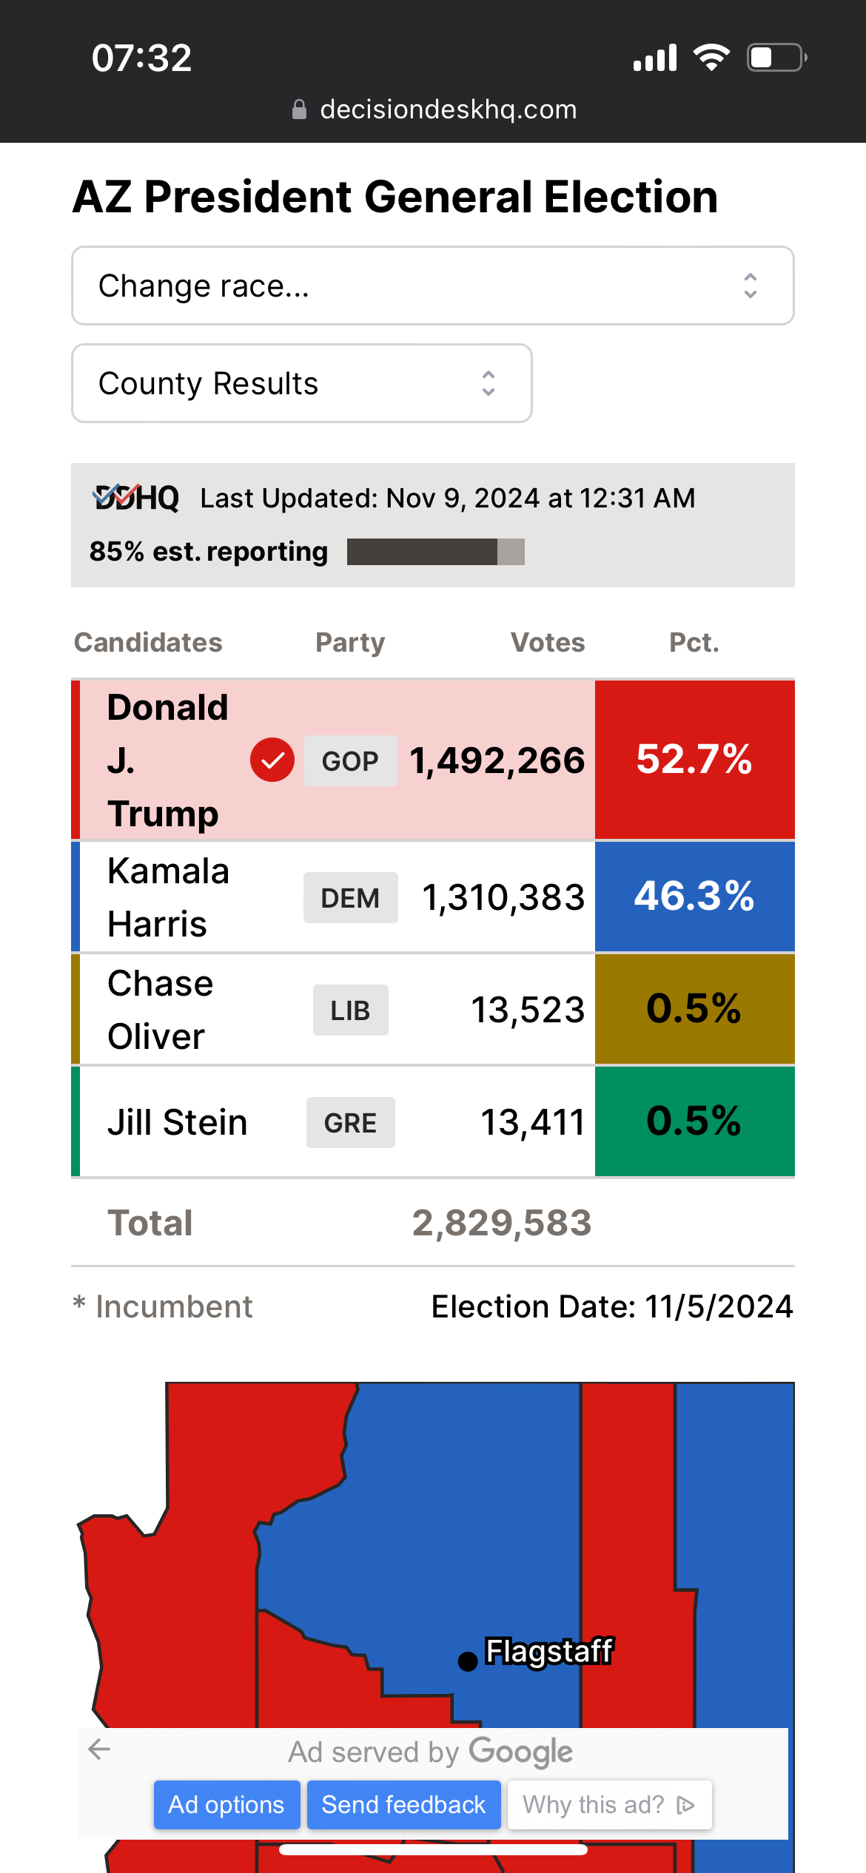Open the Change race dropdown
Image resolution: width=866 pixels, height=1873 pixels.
point(432,286)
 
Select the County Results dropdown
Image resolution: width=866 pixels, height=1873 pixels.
point(301,383)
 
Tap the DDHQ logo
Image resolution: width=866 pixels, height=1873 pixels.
point(136,498)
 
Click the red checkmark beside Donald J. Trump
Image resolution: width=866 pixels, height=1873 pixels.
point(272,760)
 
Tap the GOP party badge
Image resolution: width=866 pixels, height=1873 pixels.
point(350,760)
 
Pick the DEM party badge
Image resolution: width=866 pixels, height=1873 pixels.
point(350,897)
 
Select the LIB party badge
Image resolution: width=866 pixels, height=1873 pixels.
point(350,1010)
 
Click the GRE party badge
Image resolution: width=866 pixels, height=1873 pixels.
point(350,1122)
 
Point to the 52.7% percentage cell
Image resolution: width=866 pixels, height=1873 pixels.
point(694,760)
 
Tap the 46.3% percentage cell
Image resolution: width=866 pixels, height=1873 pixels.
point(694,897)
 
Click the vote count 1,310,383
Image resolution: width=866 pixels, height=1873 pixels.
point(503,897)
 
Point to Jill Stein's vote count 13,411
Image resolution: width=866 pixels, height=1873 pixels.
point(533,1122)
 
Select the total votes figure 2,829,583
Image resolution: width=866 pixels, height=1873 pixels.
point(502,1223)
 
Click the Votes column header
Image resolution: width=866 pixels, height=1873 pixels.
point(548,642)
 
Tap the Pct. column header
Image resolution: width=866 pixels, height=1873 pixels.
point(694,642)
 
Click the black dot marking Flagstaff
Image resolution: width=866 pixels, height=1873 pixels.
point(468,1661)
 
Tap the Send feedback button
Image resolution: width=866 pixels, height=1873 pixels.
point(403,1805)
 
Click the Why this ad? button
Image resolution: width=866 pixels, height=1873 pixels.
point(609,1805)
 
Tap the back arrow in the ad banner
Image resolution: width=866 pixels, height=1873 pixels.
point(99,1749)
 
